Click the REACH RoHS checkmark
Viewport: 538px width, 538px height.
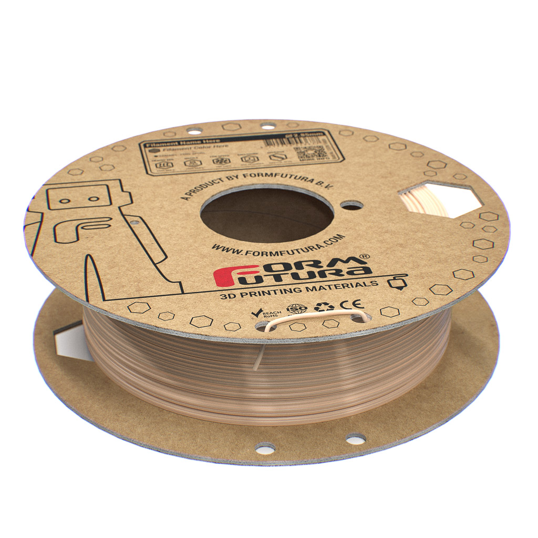tap(258, 313)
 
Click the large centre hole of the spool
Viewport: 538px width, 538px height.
tap(267, 213)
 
